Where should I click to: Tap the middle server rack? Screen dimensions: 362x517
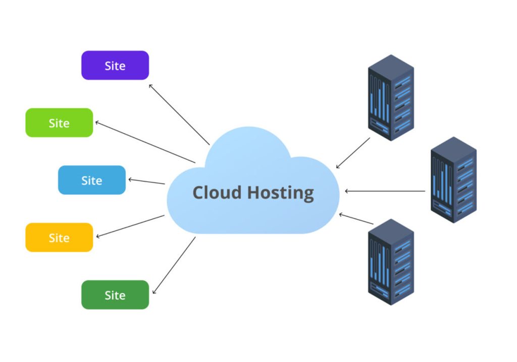(x=453, y=179)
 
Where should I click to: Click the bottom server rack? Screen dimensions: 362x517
(x=391, y=262)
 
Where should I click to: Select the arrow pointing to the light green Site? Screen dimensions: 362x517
(x=145, y=142)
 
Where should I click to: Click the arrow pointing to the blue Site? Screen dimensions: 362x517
(x=146, y=181)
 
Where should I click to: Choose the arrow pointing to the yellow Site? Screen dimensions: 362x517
(x=130, y=226)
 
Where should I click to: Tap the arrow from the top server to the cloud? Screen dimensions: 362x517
(x=353, y=153)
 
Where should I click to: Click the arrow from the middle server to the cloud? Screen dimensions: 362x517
(x=385, y=191)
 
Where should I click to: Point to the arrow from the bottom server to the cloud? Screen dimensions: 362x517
(x=356, y=218)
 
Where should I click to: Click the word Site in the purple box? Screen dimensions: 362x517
(x=115, y=66)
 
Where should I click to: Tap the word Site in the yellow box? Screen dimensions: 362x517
(x=59, y=237)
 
